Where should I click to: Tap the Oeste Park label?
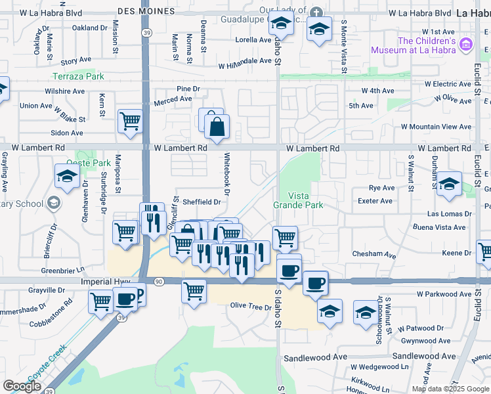[x=89, y=162]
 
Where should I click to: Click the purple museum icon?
[x=466, y=45]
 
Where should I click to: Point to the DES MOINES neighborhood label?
[x=146, y=12]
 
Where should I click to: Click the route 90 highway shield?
[x=158, y=282]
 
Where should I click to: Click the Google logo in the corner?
[x=22, y=385]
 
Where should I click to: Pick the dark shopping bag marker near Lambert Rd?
[x=217, y=127]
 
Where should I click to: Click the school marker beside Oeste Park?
[x=67, y=176]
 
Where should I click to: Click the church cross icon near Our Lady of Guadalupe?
[x=316, y=12]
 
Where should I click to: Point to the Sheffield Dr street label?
[x=202, y=202]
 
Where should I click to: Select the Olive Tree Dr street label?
[x=250, y=307]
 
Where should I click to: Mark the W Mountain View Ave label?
[x=437, y=126]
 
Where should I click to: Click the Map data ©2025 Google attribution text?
[x=450, y=388]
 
